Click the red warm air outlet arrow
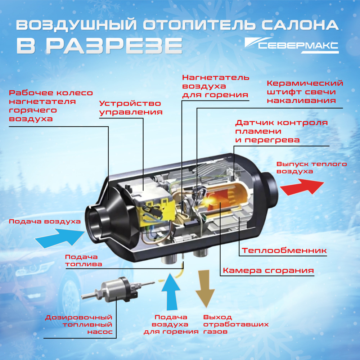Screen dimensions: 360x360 [302, 186]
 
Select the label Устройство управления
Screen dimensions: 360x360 [130, 108]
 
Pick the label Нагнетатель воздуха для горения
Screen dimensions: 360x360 [215, 86]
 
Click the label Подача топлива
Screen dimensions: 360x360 [83, 260]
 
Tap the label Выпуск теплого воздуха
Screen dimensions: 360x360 [312, 168]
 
